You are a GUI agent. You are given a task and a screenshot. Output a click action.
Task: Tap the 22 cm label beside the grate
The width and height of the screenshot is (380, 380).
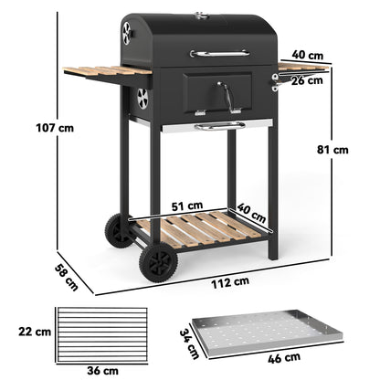[37, 329]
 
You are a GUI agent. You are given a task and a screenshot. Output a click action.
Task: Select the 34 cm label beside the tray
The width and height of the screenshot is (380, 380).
[189, 343]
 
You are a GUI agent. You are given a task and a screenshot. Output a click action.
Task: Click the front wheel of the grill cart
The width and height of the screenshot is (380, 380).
[158, 263]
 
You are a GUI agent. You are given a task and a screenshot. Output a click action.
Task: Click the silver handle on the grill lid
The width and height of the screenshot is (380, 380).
[219, 53]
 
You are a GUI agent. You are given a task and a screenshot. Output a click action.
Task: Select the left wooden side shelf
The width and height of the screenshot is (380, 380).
[93, 71]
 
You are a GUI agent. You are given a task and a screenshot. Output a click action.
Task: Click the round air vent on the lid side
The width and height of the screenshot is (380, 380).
[126, 34]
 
